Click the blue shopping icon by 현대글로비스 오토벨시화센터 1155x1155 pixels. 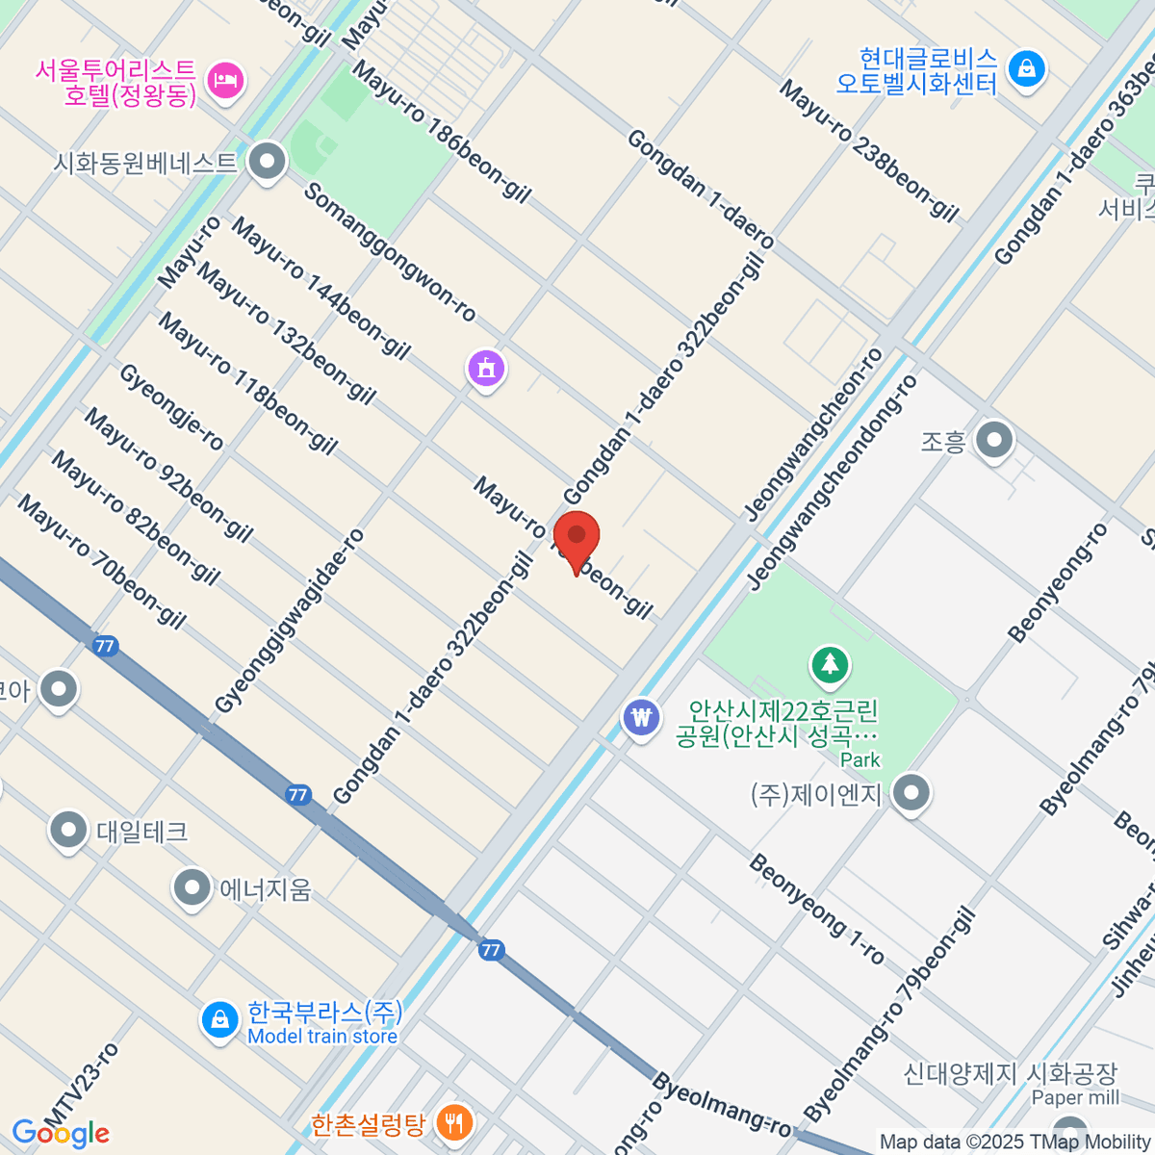(x=1027, y=69)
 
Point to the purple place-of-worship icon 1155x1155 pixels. (x=487, y=369)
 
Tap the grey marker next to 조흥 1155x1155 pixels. (x=994, y=441)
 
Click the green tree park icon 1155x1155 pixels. (x=830, y=663)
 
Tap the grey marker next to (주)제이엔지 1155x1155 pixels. (x=911, y=794)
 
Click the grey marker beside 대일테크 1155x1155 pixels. (x=68, y=830)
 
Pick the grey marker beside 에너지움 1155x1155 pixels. (x=192, y=887)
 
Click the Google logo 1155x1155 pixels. (x=60, y=1133)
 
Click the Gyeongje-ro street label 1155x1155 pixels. (x=171, y=407)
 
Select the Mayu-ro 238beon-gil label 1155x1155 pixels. (x=869, y=151)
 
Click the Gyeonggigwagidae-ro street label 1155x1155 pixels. (x=290, y=621)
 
